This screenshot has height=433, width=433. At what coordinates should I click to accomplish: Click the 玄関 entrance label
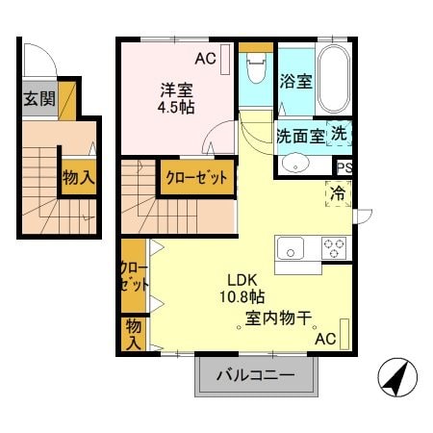(39, 98)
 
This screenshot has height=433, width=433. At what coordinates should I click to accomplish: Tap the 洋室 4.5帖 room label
(177, 100)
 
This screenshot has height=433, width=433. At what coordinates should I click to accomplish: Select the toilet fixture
(256, 70)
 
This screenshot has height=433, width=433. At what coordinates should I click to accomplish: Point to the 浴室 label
(295, 81)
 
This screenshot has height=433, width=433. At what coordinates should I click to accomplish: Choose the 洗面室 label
(300, 136)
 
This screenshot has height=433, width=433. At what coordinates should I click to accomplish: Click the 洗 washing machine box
(341, 134)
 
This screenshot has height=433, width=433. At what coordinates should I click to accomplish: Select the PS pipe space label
(344, 166)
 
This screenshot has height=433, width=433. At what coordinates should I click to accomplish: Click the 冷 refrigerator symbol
(340, 192)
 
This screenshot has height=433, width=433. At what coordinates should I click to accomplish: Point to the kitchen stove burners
(335, 247)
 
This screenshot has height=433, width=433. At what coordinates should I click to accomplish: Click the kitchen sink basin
(291, 249)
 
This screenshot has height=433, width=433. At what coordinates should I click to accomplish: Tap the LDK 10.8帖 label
(246, 289)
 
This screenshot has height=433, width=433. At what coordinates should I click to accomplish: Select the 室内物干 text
(277, 318)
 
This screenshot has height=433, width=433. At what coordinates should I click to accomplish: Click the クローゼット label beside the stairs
(196, 178)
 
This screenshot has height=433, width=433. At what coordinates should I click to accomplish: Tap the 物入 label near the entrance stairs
(79, 178)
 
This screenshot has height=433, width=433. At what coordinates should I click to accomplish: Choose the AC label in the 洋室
(205, 60)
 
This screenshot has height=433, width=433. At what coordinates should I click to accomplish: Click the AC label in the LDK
(324, 339)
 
